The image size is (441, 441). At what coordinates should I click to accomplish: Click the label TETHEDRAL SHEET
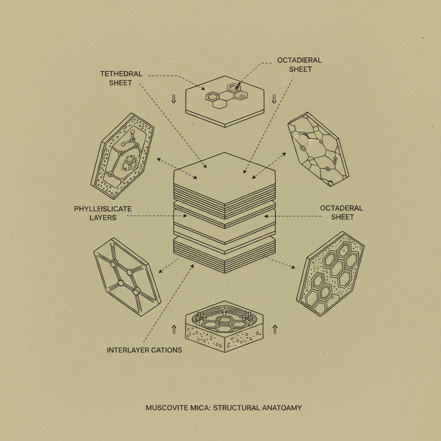click(x=121, y=78)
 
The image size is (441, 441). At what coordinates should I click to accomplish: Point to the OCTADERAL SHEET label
click(x=342, y=212)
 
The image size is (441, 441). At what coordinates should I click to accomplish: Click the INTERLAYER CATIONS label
click(x=144, y=350)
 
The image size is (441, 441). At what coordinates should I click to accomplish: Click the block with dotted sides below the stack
click(x=224, y=327)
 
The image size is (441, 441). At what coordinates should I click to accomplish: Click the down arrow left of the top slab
click(x=174, y=99)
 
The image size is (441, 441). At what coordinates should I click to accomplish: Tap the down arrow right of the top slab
click(x=273, y=99)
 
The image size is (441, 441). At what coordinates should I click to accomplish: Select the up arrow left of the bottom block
click(x=174, y=329)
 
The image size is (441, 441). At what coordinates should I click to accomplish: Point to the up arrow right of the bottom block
click(x=275, y=329)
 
